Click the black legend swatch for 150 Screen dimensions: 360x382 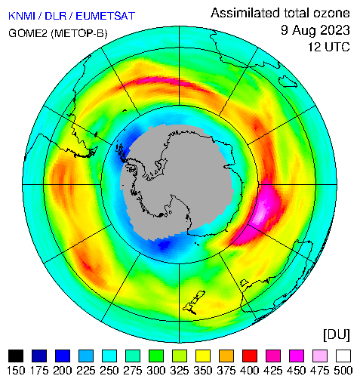[x=16, y=356]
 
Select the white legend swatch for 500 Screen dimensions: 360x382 [x=343, y=356]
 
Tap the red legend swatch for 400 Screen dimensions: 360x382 [x=250, y=356]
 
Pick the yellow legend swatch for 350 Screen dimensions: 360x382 [x=203, y=356]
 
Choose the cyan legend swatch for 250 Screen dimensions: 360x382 [x=109, y=356]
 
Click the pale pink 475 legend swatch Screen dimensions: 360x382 [x=320, y=356]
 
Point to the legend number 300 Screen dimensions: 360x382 [x=156, y=371]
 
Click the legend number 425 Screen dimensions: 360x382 [x=273, y=371]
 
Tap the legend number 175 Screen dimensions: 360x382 [x=39, y=371]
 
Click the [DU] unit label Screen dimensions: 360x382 [x=337, y=334]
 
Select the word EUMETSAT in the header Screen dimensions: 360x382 [x=106, y=16]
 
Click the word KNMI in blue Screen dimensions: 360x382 [x=22, y=16]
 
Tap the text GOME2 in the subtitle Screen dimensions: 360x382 [x=28, y=33]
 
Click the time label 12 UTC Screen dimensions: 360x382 [x=329, y=47]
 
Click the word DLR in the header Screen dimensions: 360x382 [x=56, y=16]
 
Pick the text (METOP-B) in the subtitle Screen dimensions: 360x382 [x=79, y=33]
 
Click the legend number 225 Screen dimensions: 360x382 [x=86, y=371]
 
